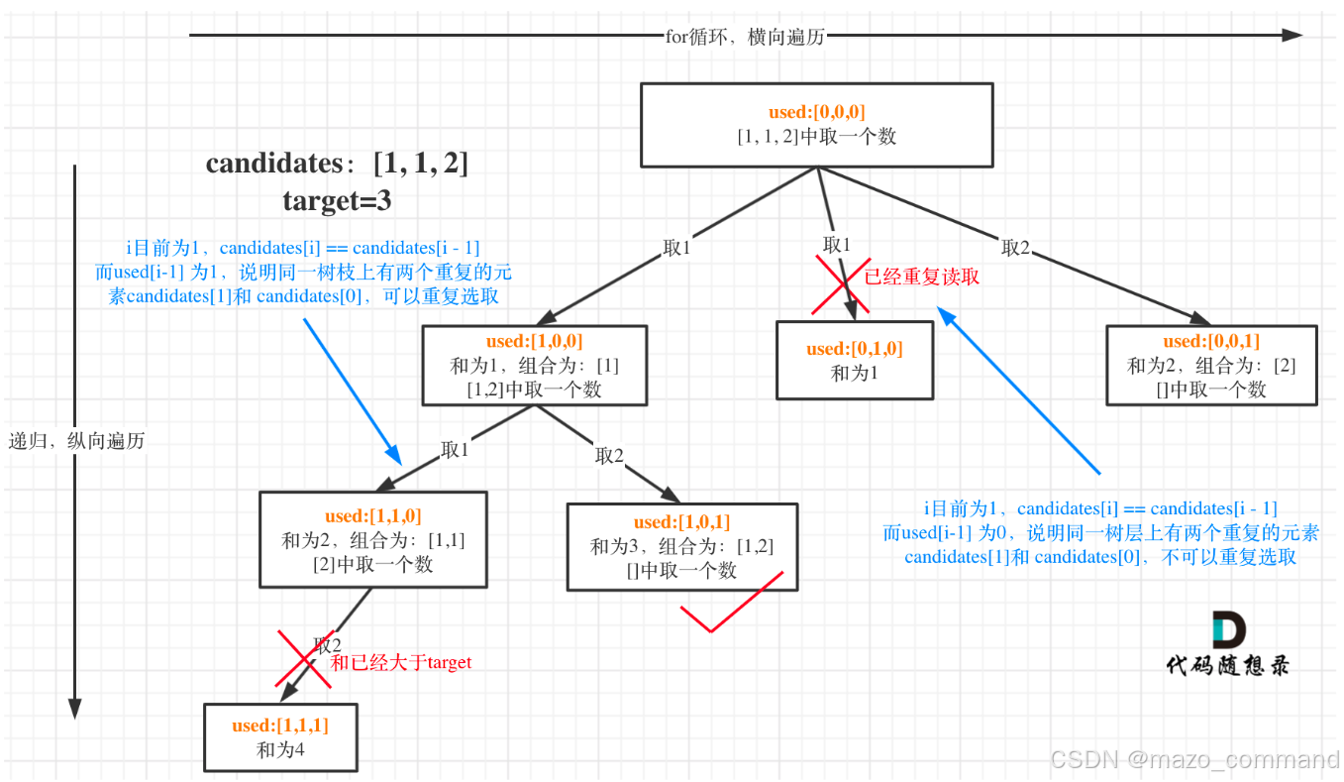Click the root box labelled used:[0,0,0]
[816, 125]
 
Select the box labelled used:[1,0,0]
[534, 365]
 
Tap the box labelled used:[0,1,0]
[854, 360]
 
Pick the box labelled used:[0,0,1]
[1210, 365]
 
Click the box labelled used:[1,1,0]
[372, 539]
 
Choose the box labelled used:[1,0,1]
[681, 546]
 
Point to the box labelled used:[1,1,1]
[280, 737]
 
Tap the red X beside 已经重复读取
[841, 285]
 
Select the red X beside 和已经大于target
[304, 659]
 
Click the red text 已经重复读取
[921, 278]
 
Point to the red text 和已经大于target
[401, 662]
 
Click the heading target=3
[337, 201]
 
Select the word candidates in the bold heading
[274, 164]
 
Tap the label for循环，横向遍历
[745, 37]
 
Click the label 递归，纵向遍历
[77, 441]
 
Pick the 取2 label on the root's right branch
[1017, 248]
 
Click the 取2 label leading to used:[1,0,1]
[609, 456]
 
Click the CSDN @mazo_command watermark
[1194, 760]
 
